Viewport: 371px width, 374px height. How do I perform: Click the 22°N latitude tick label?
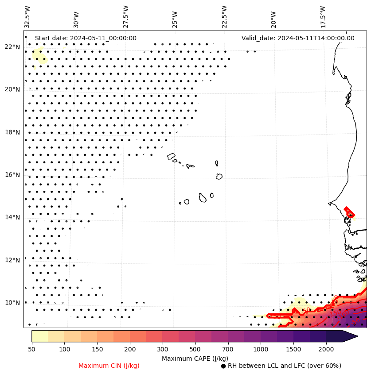pyautogui.click(x=12, y=47)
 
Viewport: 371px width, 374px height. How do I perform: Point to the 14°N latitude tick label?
pyautogui.click(x=12, y=217)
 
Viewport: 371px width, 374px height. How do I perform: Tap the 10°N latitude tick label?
pyautogui.click(x=12, y=303)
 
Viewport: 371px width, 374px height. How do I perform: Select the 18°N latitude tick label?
pyautogui.click(x=12, y=132)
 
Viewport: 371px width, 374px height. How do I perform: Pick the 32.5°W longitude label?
pyautogui.click(x=27, y=16)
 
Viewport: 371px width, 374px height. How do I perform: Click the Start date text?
pyautogui.click(x=86, y=38)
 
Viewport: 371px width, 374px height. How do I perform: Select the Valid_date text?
pyautogui.click(x=298, y=38)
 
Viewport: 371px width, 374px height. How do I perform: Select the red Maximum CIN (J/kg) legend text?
pyautogui.click(x=109, y=366)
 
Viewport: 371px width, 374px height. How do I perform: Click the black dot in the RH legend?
pyautogui.click(x=223, y=366)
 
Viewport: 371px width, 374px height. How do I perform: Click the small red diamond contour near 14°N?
pyautogui.click(x=350, y=212)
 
